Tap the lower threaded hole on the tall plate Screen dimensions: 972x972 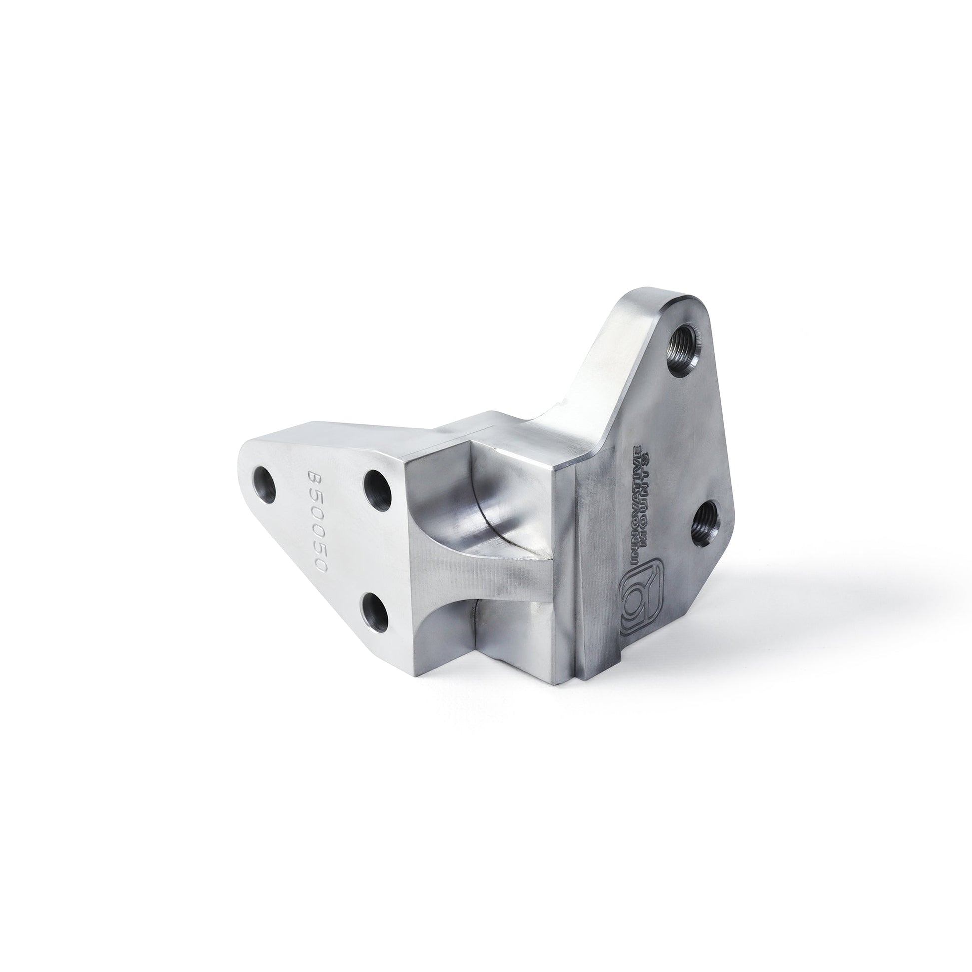[704, 526]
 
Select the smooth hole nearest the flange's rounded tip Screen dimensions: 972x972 [265, 485]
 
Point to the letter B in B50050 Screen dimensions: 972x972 [315, 479]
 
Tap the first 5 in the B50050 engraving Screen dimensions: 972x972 [316, 495]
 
